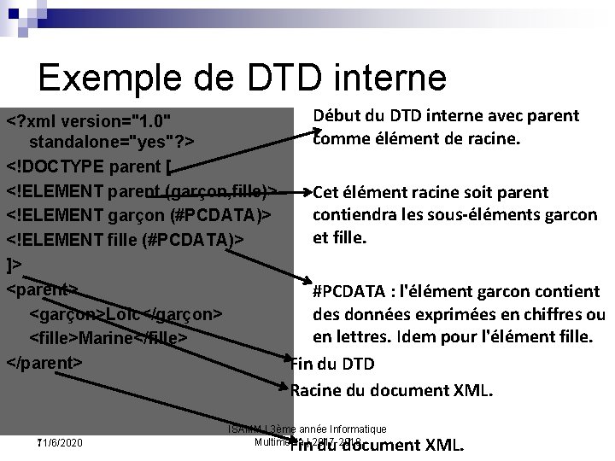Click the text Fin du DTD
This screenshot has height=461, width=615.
click(x=333, y=365)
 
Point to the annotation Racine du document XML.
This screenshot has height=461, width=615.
click(x=392, y=391)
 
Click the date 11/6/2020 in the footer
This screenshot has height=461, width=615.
click(x=60, y=444)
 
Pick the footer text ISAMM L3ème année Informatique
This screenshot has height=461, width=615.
click(x=307, y=429)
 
